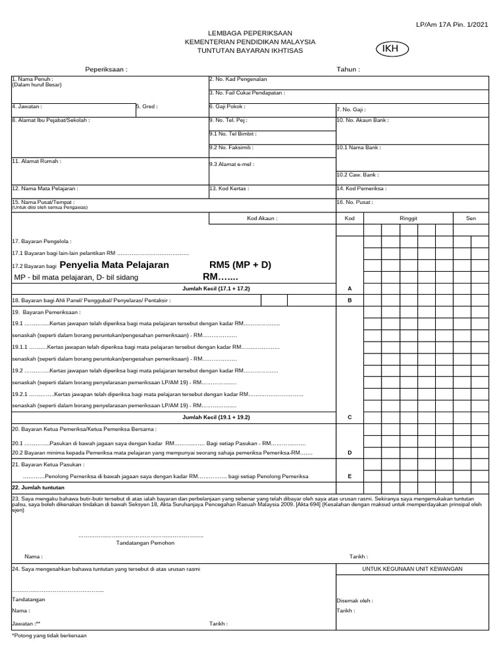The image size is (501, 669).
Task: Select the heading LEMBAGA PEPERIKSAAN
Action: [250, 33]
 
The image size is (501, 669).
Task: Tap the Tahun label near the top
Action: [348, 69]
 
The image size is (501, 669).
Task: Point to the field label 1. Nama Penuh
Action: [32, 79]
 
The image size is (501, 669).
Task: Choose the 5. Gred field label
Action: [147, 106]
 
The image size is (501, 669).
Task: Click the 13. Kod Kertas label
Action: [229, 188]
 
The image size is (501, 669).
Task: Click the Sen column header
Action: [470, 218]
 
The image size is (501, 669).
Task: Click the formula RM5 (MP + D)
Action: [239, 265]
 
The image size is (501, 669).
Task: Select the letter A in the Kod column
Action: [350, 288]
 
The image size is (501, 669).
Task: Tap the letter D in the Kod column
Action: [350, 452]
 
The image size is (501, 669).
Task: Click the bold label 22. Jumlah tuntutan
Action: [38, 487]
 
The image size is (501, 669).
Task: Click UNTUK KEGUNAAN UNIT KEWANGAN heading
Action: [412, 569]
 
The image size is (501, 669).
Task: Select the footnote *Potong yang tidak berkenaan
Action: [49, 635]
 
